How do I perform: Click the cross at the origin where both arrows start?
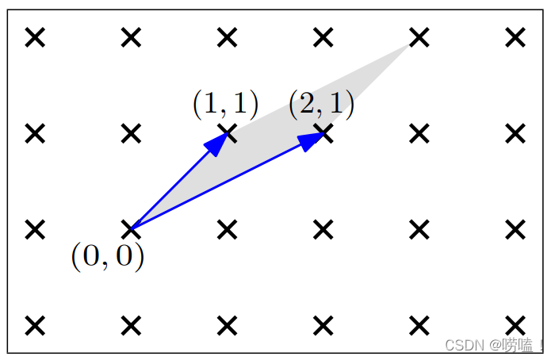pyautogui.click(x=132, y=229)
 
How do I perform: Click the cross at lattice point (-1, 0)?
pyautogui.click(x=35, y=229)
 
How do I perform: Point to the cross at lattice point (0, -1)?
pyautogui.click(x=132, y=325)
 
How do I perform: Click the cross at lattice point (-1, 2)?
pyautogui.click(x=35, y=37)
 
